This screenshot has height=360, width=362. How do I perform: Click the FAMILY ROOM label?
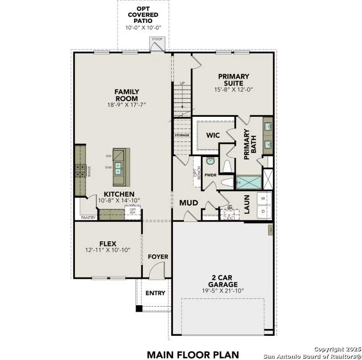(x=126, y=95)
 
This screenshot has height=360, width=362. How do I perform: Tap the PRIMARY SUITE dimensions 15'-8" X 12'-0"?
(x=233, y=89)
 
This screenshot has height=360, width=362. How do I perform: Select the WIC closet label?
(x=213, y=136)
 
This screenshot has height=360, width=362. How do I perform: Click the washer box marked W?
(x=263, y=198)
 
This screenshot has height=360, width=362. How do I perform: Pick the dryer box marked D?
(x=263, y=212)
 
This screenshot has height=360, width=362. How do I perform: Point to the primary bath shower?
(x=248, y=183)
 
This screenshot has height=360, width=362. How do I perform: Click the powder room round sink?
(x=210, y=161)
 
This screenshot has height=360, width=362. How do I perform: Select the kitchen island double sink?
(x=118, y=169)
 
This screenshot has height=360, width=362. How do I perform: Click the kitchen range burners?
(x=81, y=171)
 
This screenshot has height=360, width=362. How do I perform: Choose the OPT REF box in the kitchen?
(x=133, y=212)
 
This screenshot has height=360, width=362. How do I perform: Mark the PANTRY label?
(x=88, y=218)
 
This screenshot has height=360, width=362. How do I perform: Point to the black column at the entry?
(x=139, y=308)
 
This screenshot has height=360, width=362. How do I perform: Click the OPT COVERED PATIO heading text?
(x=143, y=15)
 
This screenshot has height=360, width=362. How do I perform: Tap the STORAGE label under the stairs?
(x=182, y=136)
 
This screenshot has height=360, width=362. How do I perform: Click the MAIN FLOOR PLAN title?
(x=192, y=354)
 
